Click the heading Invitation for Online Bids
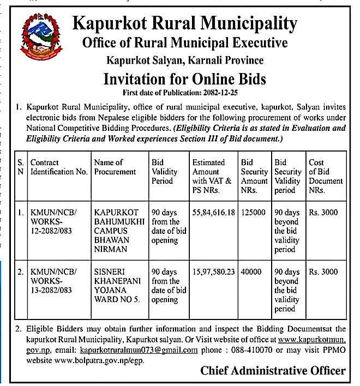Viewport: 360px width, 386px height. click(x=185, y=79)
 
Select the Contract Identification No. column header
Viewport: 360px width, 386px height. click(x=59, y=167)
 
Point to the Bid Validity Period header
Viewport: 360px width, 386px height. click(x=164, y=172)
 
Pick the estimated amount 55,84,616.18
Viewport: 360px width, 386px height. click(x=213, y=212)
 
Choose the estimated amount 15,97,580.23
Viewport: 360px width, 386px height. click(x=213, y=272)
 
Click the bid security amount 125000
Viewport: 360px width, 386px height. click(x=253, y=212)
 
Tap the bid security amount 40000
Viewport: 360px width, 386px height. click(x=251, y=272)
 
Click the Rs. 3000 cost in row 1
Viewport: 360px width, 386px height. click(x=323, y=212)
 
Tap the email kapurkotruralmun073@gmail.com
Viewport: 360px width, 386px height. click(x=138, y=350)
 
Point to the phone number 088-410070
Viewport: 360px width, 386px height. click(x=241, y=350)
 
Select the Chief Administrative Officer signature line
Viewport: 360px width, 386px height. click(x=273, y=371)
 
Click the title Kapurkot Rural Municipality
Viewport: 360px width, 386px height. click(x=185, y=23)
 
